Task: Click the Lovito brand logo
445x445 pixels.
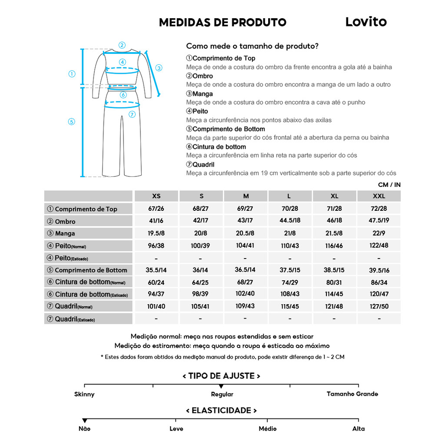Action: point(366,22)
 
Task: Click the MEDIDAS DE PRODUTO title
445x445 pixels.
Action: point(222,22)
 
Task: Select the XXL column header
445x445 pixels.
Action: point(379,196)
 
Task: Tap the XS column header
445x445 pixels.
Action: point(156,196)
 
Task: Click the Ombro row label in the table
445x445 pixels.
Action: point(65,221)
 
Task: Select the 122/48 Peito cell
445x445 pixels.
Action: point(379,245)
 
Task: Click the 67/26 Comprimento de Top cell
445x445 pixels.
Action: point(156,209)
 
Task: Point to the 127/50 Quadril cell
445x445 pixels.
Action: point(379,306)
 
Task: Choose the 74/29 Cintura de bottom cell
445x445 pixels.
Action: point(290,282)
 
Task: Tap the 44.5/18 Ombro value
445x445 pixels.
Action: point(290,221)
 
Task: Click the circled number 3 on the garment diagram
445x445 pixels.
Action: point(159,68)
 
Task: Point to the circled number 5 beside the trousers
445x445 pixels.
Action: point(72,122)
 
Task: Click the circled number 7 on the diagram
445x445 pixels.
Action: point(132,114)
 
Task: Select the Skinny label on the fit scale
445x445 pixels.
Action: point(84,394)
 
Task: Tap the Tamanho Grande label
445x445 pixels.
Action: point(352,394)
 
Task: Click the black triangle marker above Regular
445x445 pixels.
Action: point(221,386)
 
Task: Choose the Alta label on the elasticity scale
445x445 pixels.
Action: point(359,428)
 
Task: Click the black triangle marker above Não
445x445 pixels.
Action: point(85,421)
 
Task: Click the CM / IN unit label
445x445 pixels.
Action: point(389,185)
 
